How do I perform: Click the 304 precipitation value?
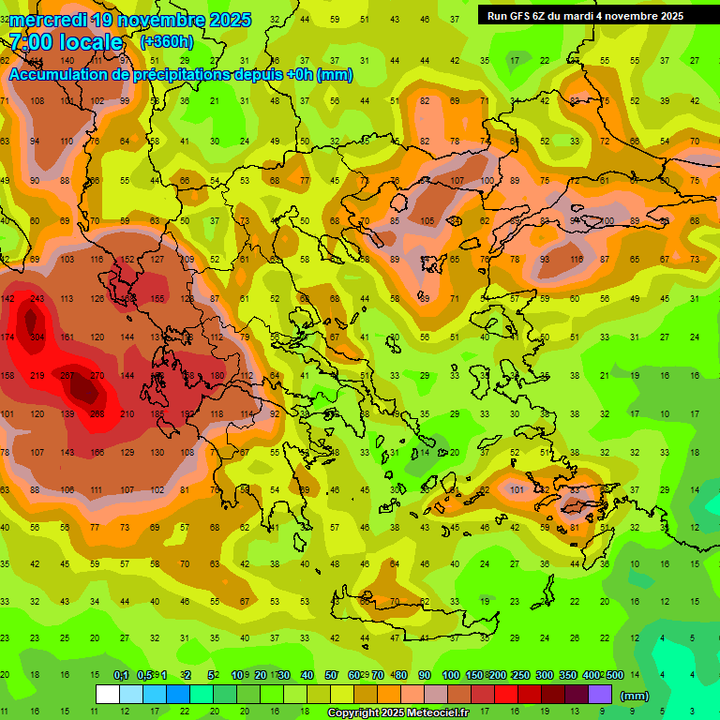pyautogui.click(x=37, y=337)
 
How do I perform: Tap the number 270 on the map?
pyautogui.click(x=97, y=376)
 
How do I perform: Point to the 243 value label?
pyautogui.click(x=37, y=299)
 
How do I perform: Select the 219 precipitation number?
pyautogui.click(x=37, y=376)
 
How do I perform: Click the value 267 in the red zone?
pyautogui.click(x=67, y=376)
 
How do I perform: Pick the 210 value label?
pyautogui.click(x=127, y=413)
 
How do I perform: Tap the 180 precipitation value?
pyautogui.click(x=217, y=376)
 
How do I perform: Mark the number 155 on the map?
pyautogui.click(x=157, y=299)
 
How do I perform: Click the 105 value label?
pyautogui.click(x=427, y=221)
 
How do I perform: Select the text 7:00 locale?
pyautogui.click(x=66, y=42)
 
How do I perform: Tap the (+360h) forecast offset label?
pyautogui.click(x=167, y=42)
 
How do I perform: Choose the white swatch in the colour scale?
pyautogui.click(x=108, y=695)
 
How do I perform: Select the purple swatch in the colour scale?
pyautogui.click(x=600, y=695)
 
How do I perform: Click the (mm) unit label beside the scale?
pyautogui.click(x=635, y=696)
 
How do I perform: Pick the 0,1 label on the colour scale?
pyautogui.click(x=121, y=675)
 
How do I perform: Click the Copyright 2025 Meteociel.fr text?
pyautogui.click(x=397, y=713)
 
